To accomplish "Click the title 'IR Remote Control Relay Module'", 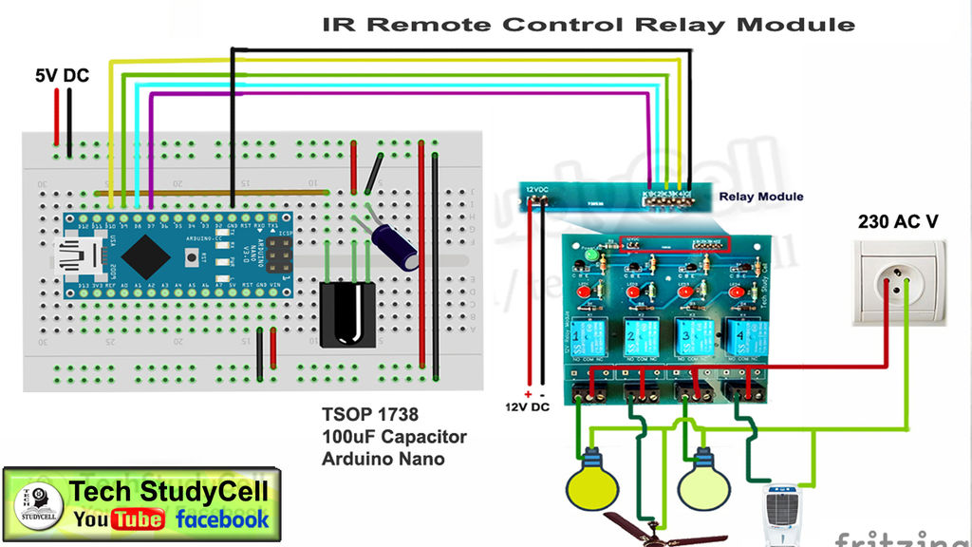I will click(589, 24).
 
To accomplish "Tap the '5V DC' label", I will click(63, 75).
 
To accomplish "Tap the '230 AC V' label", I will click(898, 221).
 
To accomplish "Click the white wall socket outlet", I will click(897, 282).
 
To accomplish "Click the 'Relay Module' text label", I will click(760, 197).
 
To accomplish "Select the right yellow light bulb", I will click(703, 481).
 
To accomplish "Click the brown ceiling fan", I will click(646, 529).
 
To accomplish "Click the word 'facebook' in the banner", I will click(222, 519).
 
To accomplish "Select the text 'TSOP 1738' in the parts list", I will click(369, 415).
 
